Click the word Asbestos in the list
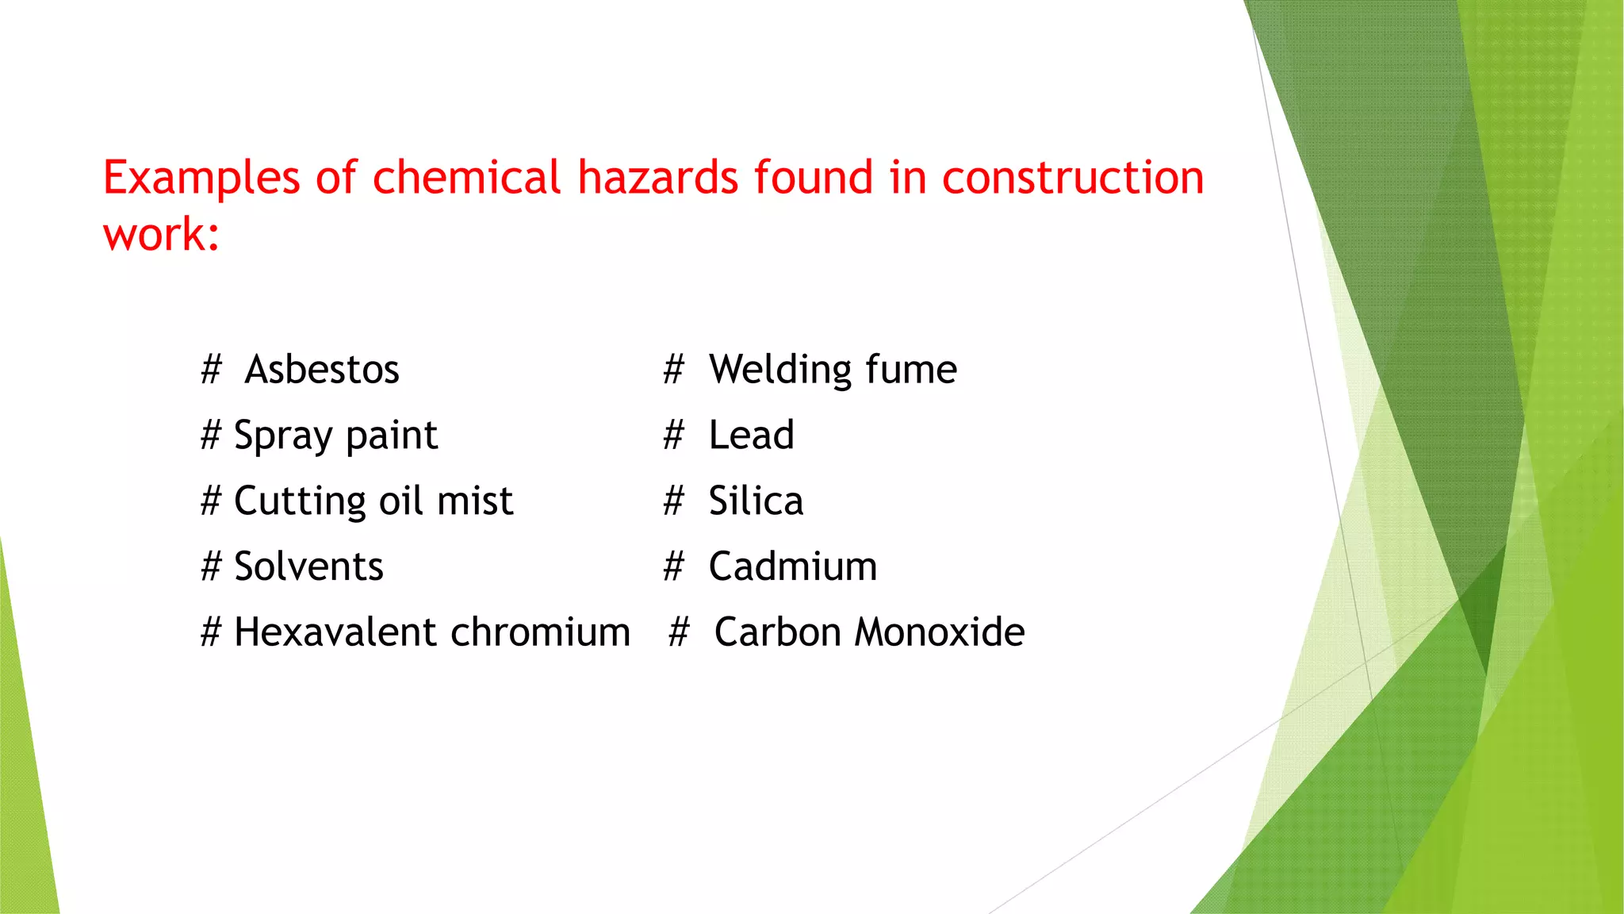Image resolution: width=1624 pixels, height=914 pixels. coord(322,370)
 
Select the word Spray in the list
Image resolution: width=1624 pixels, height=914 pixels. coord(282,436)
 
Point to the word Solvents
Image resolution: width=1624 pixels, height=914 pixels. coord(308,567)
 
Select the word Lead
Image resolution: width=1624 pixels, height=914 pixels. coord(751,436)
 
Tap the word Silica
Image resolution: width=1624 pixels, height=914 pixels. coord(756,501)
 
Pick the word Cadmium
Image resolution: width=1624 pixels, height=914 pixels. coord(793,567)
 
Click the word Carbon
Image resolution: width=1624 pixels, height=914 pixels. coord(777,633)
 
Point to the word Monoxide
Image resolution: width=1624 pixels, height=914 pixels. coord(940,633)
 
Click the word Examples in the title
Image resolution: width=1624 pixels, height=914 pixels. coord(201,178)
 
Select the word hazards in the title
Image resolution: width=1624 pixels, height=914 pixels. coord(657,177)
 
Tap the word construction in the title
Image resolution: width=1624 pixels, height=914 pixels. coord(1073,177)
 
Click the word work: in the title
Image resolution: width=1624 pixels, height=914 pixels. coord(161,235)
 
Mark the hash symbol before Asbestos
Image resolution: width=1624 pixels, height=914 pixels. coord(211,370)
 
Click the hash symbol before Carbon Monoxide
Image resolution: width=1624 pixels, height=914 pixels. coord(679,633)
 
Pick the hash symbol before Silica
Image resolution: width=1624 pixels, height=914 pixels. coord(673,501)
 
